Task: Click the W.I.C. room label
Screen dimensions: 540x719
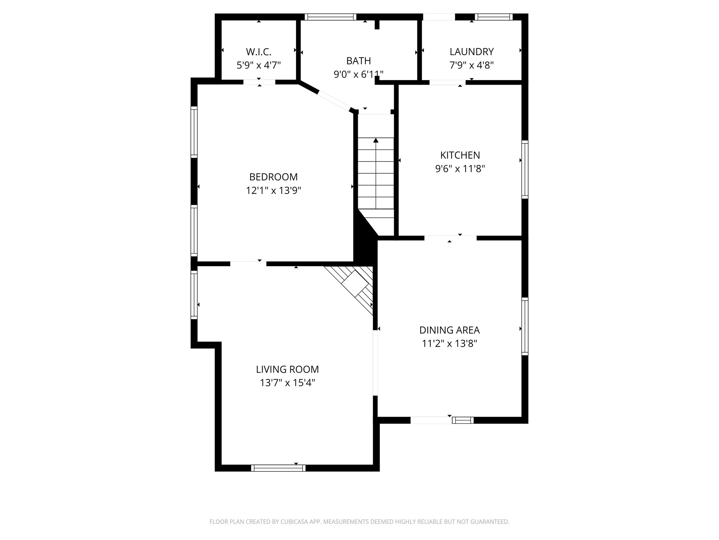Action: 258,52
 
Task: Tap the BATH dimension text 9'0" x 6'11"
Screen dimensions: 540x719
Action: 358,74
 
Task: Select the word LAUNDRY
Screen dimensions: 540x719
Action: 471,52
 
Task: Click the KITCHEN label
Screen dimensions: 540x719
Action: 460,155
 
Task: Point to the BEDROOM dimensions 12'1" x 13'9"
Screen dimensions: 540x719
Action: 273,191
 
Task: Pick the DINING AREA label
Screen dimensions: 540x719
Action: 449,330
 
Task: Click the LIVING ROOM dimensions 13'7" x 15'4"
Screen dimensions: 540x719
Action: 287,382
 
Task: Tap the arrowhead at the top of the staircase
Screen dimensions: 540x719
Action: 376,141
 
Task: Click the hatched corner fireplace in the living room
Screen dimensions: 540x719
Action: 355,285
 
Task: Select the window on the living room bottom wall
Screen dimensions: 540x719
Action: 278,468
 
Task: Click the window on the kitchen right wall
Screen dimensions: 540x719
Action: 525,169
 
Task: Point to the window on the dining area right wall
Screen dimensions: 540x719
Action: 525,326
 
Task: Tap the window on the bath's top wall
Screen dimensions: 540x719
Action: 330,17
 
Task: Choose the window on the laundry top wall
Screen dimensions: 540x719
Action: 494,17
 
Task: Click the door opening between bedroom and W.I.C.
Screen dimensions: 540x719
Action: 259,82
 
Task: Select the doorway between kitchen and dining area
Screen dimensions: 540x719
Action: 450,238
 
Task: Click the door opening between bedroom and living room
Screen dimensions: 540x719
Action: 248,264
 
